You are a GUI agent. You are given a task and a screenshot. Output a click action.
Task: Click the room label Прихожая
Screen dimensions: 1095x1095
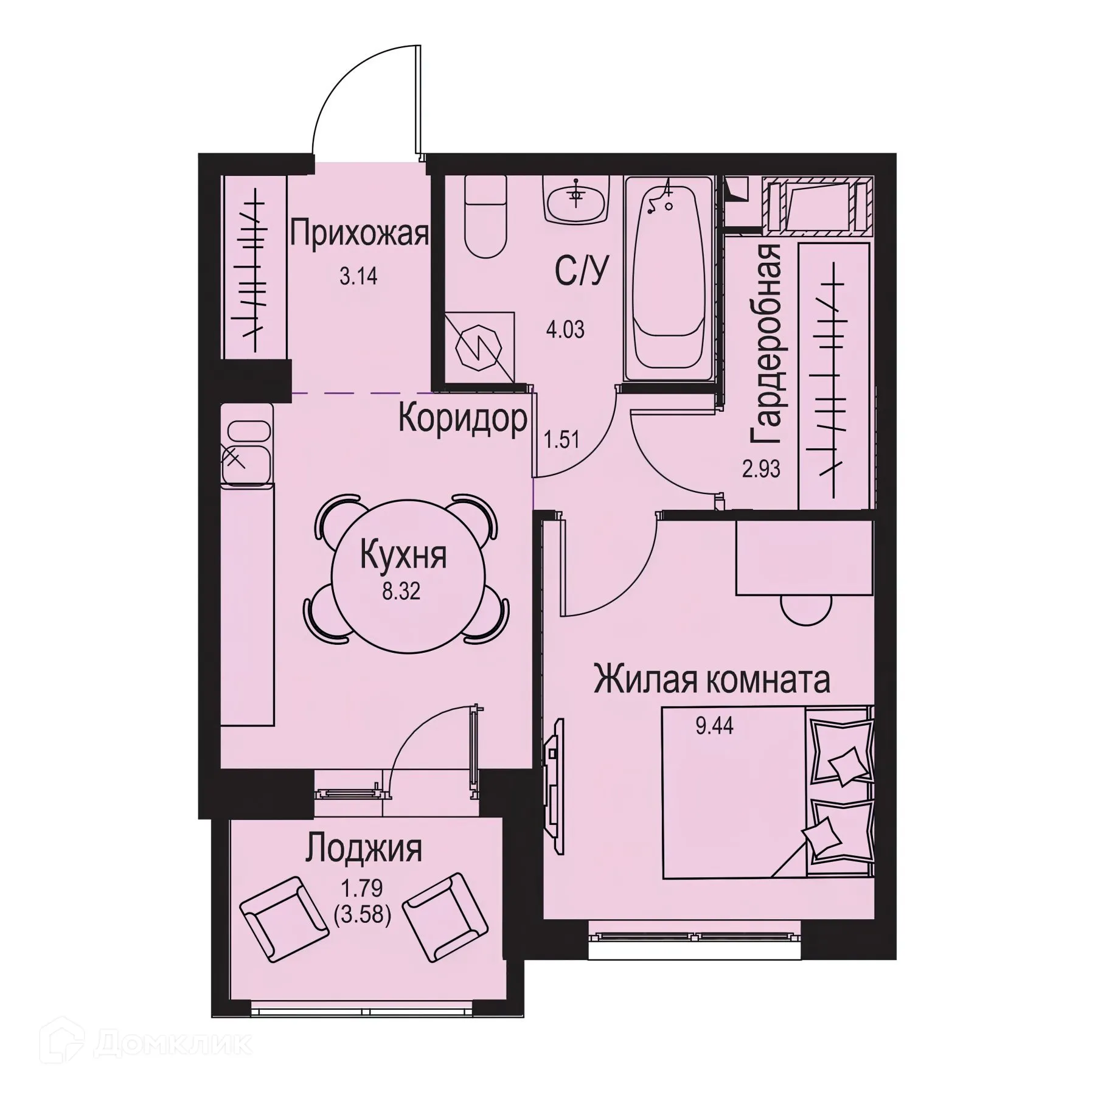click(x=359, y=234)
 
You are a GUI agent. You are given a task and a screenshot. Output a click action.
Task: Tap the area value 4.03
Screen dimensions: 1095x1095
click(x=566, y=330)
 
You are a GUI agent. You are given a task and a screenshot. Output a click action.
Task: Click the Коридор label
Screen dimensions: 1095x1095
click(x=462, y=419)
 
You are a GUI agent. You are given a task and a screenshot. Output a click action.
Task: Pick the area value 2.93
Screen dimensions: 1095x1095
click(x=761, y=469)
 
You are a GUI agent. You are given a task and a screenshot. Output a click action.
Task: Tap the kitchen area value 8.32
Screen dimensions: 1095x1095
click(x=401, y=592)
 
